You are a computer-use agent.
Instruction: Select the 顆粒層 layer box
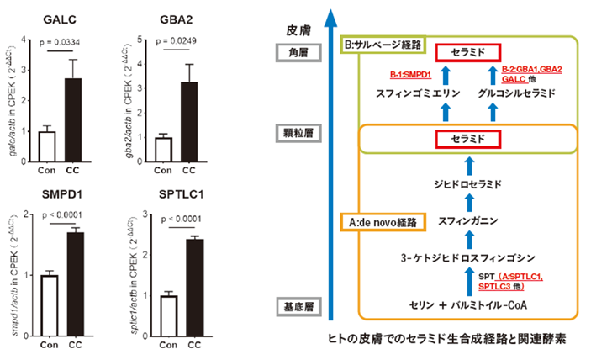click(297, 132)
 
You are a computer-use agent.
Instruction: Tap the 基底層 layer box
click(297, 304)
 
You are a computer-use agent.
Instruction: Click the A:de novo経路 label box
click(383, 223)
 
